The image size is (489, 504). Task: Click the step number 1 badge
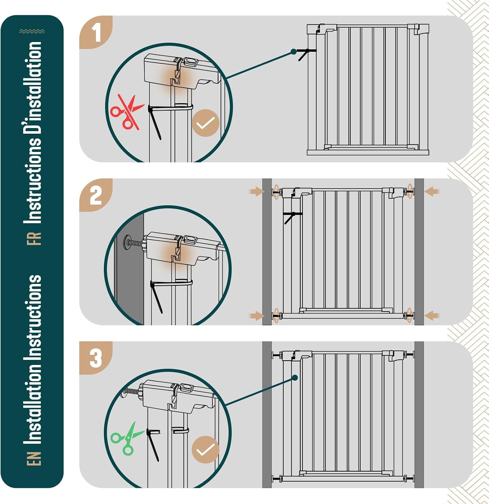pos(96,32)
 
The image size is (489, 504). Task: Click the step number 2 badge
pos(96,195)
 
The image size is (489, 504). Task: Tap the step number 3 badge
pos(96,358)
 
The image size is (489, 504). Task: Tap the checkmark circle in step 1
pos(205,123)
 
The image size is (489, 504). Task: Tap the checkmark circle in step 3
pos(205,450)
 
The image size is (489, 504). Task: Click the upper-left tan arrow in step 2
pos(257,192)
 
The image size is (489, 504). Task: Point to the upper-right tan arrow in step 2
pos(432,192)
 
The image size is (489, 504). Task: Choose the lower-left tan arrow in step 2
pos(257,316)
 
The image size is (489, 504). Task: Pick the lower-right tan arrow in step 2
pos(432,316)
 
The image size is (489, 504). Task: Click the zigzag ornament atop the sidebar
pos(32,32)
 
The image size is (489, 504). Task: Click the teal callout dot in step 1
pos(294,52)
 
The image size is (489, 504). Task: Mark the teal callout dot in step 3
pos(295,378)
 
